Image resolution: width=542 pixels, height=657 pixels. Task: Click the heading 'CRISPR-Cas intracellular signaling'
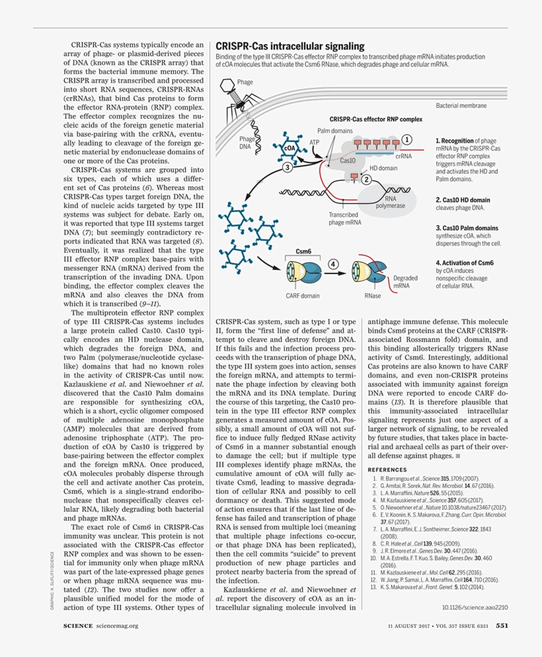(x=290, y=46)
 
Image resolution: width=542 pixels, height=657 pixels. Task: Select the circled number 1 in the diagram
(x=406, y=139)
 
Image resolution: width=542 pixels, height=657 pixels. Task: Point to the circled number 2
(x=366, y=179)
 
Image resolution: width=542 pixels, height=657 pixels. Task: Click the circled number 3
(x=287, y=168)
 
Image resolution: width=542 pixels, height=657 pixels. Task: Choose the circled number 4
(x=333, y=264)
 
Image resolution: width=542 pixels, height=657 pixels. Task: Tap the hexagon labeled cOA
(x=290, y=149)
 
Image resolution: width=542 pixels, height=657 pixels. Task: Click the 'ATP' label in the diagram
(x=315, y=142)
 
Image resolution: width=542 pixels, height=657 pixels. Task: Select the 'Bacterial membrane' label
(x=461, y=106)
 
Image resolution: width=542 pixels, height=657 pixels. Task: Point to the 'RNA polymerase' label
(x=390, y=201)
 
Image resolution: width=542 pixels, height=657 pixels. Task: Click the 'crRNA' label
(x=403, y=156)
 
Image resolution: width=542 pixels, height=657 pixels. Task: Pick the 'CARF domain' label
(x=302, y=296)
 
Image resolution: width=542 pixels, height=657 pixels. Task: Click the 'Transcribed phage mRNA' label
(x=345, y=219)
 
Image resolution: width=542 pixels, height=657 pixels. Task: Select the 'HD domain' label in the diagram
(x=383, y=168)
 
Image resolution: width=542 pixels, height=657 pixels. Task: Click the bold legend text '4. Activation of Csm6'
(x=465, y=263)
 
